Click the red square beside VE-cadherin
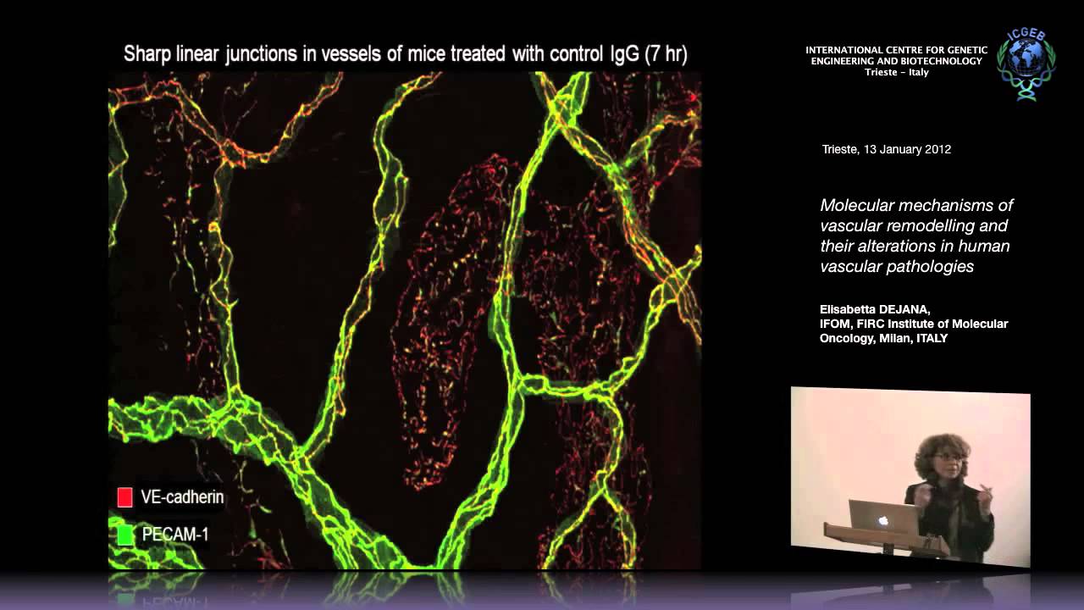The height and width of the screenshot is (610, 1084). [x=124, y=497]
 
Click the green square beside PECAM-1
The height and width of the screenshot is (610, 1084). [x=124, y=535]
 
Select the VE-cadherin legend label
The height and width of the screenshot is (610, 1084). [x=183, y=497]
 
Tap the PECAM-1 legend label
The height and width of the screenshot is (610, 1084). [x=175, y=535]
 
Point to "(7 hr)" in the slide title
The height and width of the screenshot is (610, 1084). [x=666, y=55]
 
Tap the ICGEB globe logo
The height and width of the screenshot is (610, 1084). [x=1026, y=64]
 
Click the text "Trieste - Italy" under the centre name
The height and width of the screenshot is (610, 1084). [x=896, y=72]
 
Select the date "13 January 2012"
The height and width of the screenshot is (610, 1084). [x=907, y=149]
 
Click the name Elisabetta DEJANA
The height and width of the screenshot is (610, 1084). [x=875, y=309]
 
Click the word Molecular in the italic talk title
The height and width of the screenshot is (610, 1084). [x=855, y=205]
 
